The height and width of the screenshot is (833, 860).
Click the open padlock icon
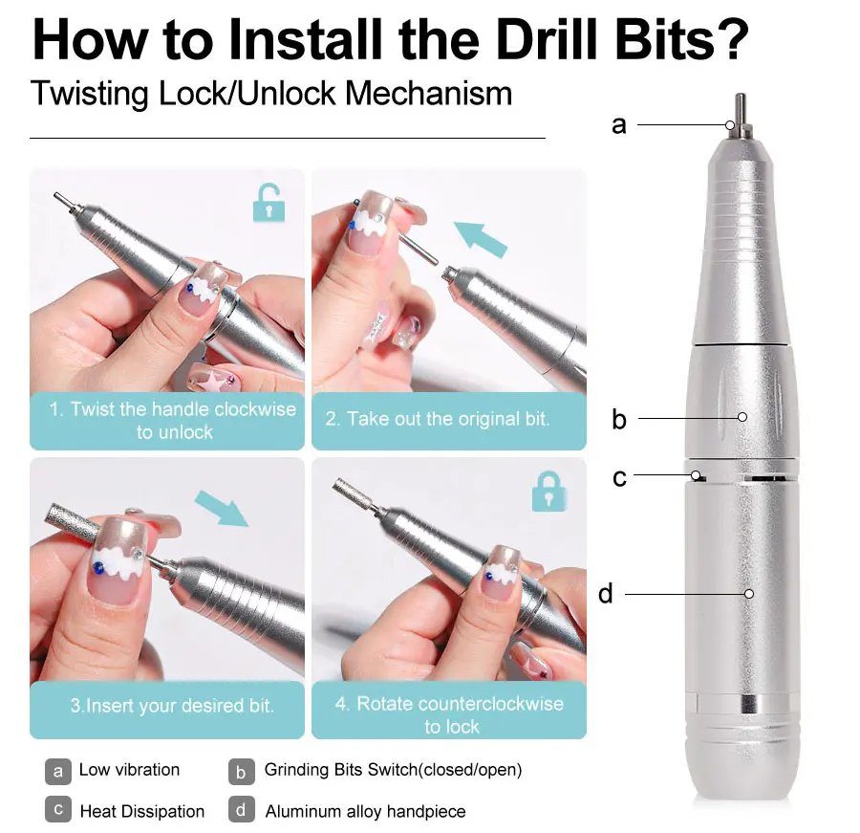pyautogui.click(x=269, y=203)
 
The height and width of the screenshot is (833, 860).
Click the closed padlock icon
pyautogui.click(x=548, y=491)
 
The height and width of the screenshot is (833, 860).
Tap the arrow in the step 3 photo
pyautogui.click(x=221, y=507)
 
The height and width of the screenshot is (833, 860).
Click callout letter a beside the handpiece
pyautogui.click(x=619, y=124)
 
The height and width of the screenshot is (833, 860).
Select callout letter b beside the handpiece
pyautogui.click(x=619, y=419)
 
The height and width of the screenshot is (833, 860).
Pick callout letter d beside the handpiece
pyautogui.click(x=606, y=594)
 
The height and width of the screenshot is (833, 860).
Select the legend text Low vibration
pyautogui.click(x=129, y=770)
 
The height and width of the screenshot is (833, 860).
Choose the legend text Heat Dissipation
pyautogui.click(x=141, y=812)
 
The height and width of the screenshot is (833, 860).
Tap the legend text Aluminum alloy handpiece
pyautogui.click(x=365, y=812)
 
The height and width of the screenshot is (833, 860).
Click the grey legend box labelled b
pyautogui.click(x=242, y=771)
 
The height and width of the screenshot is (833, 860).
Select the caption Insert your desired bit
pyautogui.click(x=172, y=707)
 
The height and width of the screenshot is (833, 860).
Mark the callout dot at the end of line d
pyautogui.click(x=749, y=594)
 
